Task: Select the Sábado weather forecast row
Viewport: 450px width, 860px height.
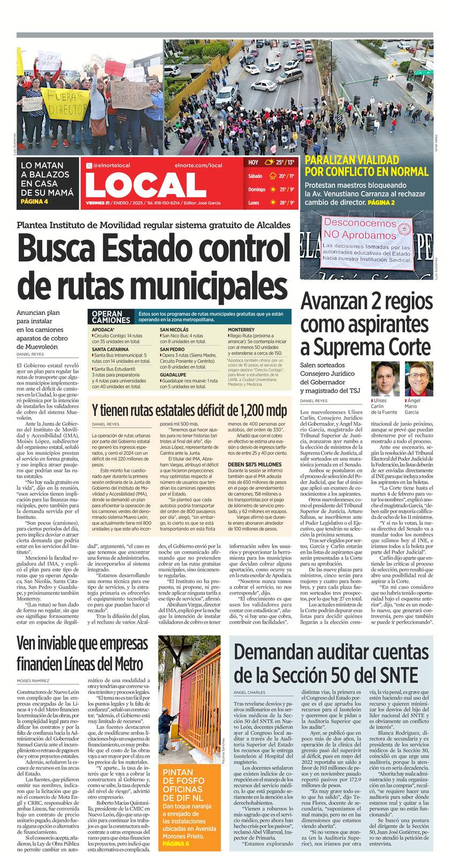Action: click(270, 176)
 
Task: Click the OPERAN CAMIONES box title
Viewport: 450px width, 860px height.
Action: click(111, 316)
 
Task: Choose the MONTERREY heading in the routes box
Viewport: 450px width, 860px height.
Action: click(241, 329)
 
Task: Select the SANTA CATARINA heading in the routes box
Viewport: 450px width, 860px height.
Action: click(110, 349)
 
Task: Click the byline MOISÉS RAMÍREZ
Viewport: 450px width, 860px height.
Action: click(33, 681)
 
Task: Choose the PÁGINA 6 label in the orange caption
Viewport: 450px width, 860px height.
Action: click(177, 843)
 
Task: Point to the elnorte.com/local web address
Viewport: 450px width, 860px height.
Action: click(198, 165)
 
